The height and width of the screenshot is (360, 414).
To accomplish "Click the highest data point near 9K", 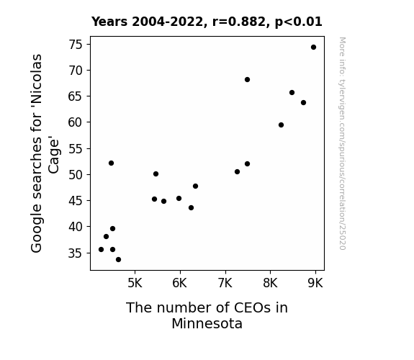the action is [313, 48].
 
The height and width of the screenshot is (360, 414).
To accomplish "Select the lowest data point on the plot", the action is [118, 260].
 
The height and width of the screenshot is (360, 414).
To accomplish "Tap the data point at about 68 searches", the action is [247, 79].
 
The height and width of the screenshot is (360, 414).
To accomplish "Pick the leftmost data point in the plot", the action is [101, 249].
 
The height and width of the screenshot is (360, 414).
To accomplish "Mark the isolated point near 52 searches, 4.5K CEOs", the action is [111, 163].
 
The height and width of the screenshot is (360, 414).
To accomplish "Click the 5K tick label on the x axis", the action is [135, 283].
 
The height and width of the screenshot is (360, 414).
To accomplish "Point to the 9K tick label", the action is [315, 283].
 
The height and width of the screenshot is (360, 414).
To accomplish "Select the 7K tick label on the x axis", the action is [225, 283].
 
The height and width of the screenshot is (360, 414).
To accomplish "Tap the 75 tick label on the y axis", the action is [76, 45].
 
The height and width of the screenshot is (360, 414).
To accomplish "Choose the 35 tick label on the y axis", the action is [76, 253].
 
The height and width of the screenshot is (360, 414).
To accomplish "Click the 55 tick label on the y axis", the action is [76, 149].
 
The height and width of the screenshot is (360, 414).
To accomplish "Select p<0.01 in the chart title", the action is [299, 22].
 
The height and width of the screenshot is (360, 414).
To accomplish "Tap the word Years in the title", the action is [109, 22].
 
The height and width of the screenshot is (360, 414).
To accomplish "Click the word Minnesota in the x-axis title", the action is [207, 323].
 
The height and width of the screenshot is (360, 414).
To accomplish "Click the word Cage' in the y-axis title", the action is [54, 156].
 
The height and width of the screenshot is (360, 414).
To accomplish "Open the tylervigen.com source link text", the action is [342, 144].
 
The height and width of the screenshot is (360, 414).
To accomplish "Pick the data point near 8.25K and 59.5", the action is [281, 125].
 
